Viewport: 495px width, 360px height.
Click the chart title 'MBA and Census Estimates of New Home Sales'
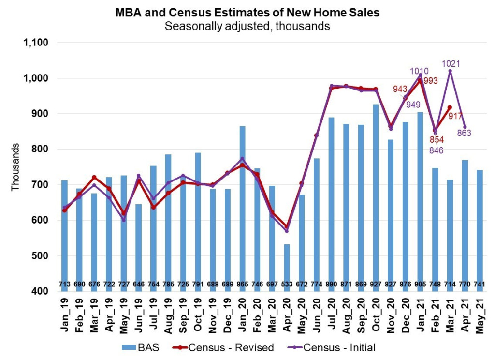tap(247, 13)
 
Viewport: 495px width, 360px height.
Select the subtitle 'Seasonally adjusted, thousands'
tap(247, 26)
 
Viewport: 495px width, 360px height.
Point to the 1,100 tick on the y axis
tap(36, 43)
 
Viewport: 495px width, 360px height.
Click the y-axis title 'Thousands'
tap(15, 167)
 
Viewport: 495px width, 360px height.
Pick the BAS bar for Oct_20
tap(376, 194)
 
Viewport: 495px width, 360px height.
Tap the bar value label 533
tap(287, 283)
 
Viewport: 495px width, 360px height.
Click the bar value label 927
tap(376, 283)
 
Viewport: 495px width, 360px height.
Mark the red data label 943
tap(399, 89)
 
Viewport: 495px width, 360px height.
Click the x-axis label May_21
tap(480, 317)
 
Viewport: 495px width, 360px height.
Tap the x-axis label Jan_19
tap(65, 317)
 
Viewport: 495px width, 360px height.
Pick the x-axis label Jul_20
tap(332, 317)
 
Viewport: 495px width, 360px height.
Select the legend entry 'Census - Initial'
tap(336, 347)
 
